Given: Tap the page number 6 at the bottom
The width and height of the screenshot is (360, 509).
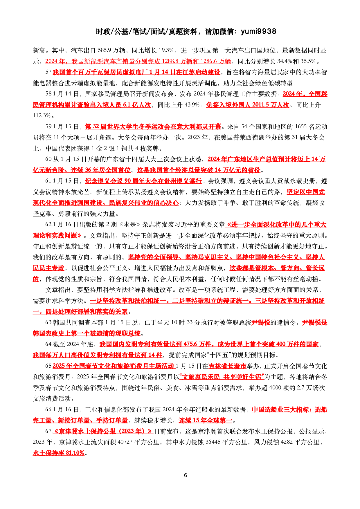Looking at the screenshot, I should (x=186, y=475).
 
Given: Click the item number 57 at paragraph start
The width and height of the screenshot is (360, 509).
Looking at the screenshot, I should (x=48, y=72).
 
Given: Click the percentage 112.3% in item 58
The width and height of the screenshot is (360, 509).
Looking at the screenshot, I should (x=42, y=115).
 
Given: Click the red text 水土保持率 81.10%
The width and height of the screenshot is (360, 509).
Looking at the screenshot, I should (x=58, y=453).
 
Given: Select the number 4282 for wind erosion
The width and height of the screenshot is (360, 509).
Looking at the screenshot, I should (x=288, y=442).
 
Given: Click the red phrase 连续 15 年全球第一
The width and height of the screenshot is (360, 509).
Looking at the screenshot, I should (x=205, y=420).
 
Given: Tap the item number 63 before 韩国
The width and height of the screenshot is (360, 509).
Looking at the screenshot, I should (x=48, y=322).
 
